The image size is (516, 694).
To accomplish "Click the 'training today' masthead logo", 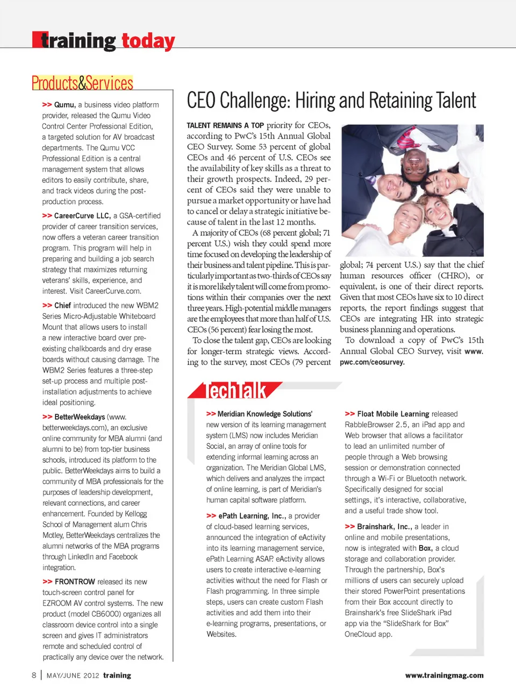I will pos(104,41).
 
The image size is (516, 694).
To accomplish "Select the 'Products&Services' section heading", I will pos(82,83).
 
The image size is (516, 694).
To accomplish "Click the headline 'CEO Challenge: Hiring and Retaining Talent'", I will pos(331,101).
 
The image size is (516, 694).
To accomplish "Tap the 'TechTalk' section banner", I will pos(236,390).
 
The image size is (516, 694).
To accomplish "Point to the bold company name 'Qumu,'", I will pos(64,105).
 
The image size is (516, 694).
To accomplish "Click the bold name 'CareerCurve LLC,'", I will pos(82,216).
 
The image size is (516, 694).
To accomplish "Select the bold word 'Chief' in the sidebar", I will pos(62,306).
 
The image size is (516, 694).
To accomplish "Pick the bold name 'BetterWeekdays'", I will pos(80,417).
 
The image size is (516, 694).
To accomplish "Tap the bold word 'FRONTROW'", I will pos(75,582).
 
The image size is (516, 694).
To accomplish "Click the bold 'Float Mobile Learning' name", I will pos(393,414).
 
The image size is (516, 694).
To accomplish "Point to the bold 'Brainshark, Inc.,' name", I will pos(384,527).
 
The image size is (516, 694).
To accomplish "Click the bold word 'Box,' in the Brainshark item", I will pos(425,548).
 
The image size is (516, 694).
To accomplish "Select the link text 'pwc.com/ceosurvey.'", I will pos(372,362).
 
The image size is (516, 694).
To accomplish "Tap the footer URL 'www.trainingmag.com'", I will pos(444,675).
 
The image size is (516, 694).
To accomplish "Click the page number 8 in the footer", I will pos(34,675).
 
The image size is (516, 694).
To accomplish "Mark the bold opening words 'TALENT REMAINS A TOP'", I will pos(225,125).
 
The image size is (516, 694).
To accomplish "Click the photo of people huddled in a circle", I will pos(412,190).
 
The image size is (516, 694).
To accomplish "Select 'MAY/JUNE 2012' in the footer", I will pos(73,676).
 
